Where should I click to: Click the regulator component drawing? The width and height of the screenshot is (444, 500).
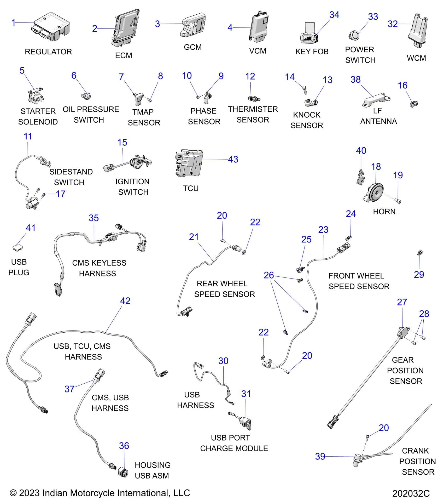[x=51, y=27]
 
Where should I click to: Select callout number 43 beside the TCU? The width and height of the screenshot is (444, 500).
[x=233, y=159]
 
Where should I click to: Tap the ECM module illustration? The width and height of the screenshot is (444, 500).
[x=125, y=27]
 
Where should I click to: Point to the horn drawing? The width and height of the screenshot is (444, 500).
[x=375, y=193]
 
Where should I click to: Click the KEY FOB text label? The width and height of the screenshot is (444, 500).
[x=312, y=52]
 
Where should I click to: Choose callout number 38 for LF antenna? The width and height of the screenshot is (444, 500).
[x=355, y=79]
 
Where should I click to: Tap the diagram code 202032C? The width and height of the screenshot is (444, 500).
[x=411, y=493]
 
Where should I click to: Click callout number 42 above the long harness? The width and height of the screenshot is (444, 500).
[x=125, y=301]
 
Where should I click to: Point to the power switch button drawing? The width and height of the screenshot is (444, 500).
[x=354, y=35]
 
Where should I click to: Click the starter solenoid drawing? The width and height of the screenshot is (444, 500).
[x=35, y=95]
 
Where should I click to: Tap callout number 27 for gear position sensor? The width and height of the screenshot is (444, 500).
[x=402, y=302]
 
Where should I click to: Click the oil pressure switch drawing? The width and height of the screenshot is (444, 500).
[x=86, y=96]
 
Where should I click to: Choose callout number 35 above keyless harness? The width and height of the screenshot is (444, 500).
[x=94, y=218]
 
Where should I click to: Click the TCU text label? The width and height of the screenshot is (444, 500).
[x=191, y=188]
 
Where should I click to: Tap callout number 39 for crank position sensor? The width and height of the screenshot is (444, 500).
[x=320, y=456]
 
